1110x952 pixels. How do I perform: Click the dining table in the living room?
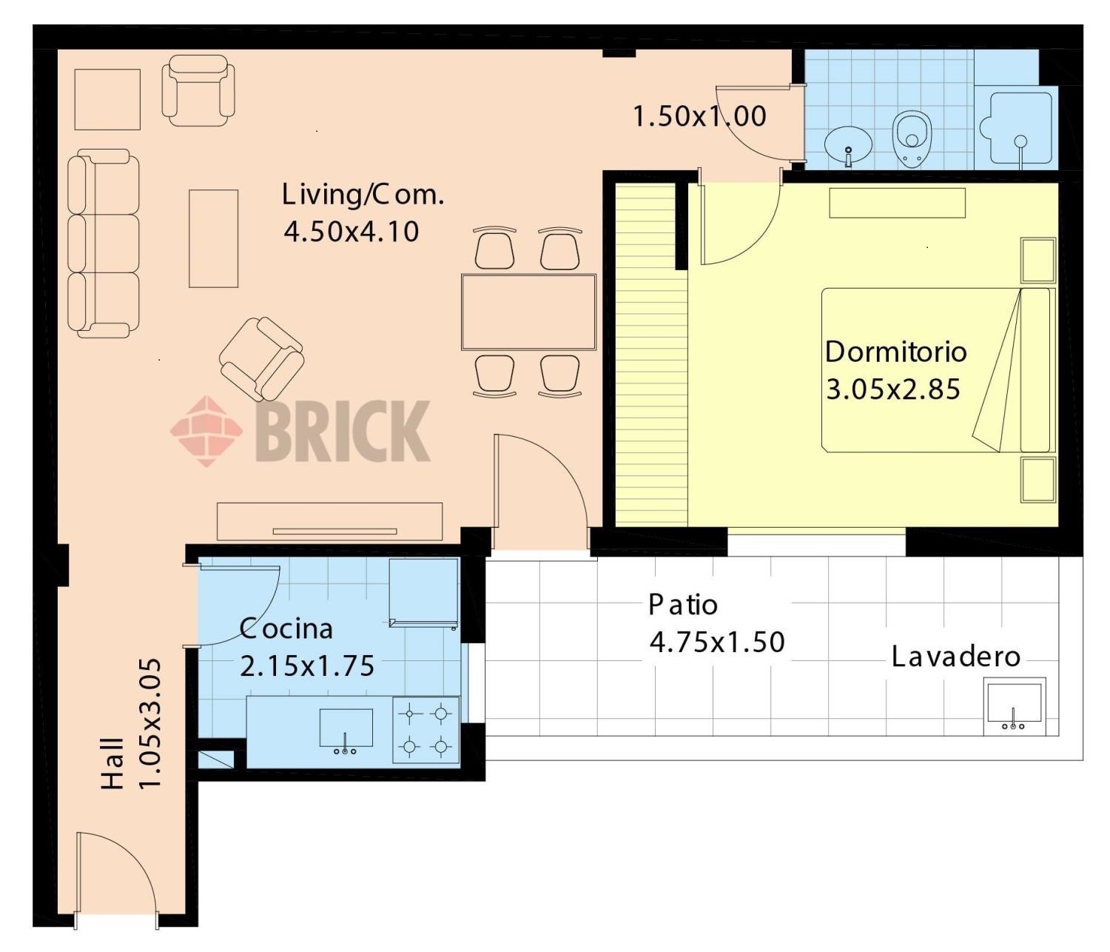(x=528, y=312)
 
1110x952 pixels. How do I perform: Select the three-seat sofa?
(x=104, y=244)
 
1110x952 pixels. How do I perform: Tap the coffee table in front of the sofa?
(x=213, y=238)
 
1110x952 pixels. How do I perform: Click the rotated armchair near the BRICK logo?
(x=261, y=358)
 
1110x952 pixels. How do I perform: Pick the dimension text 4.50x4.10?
(x=351, y=232)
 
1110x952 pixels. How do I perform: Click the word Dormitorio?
(x=895, y=352)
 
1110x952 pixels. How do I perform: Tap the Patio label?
(x=682, y=605)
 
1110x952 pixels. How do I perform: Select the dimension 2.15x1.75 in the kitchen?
(x=306, y=666)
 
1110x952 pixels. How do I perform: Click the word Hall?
(x=113, y=763)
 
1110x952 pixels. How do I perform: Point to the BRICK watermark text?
(x=343, y=431)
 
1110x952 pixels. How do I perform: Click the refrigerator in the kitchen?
(x=424, y=592)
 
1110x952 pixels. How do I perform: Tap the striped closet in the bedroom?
(x=651, y=354)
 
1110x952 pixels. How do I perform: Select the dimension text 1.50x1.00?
(x=700, y=116)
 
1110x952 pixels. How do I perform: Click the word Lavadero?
(x=956, y=657)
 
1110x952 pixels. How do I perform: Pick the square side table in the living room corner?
(x=107, y=99)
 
